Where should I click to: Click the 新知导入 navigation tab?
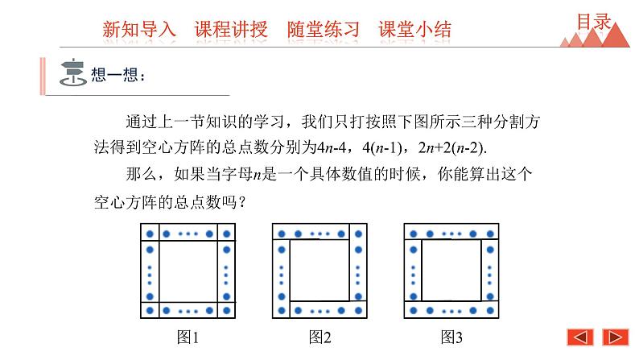[x=138, y=30]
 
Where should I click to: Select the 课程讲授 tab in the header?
[x=230, y=30]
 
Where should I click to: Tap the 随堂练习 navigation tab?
[x=323, y=30]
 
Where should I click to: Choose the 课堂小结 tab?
[x=414, y=30]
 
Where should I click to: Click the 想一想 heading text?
[x=120, y=76]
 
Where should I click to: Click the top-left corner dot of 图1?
[x=149, y=234]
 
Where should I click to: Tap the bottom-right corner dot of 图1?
[x=226, y=310]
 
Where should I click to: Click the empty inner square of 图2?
[x=319, y=271]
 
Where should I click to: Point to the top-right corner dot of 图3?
[x=490, y=234]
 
